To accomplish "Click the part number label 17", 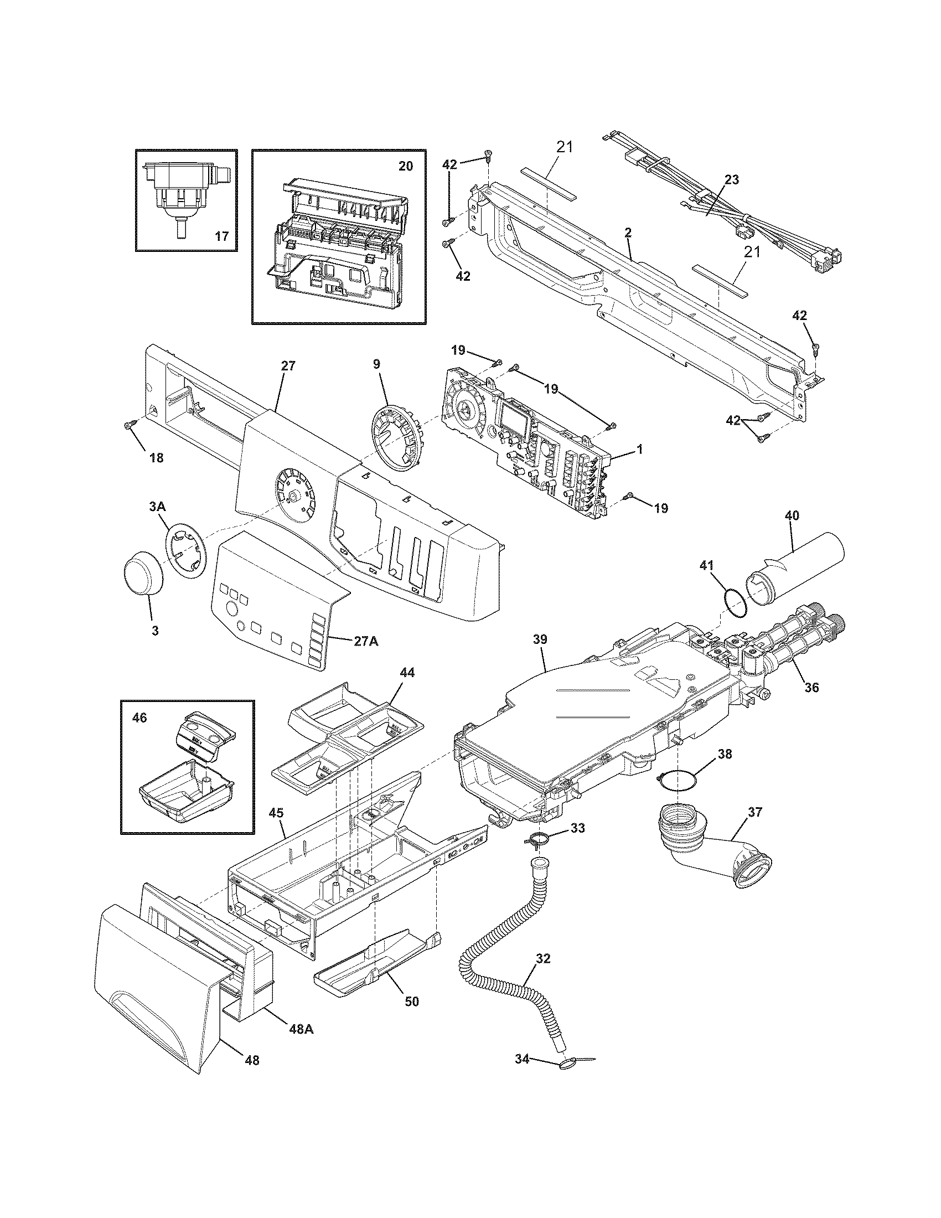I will pyautogui.click(x=221, y=236).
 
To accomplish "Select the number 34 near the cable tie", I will pyautogui.click(x=521, y=1074).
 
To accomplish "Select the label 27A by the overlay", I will pyautogui.click(x=365, y=641).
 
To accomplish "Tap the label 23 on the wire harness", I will pyautogui.click(x=731, y=179).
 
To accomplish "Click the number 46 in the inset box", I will pyautogui.click(x=139, y=717).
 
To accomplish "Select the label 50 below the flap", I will pyautogui.click(x=411, y=1001).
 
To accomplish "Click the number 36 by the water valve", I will pyautogui.click(x=811, y=688).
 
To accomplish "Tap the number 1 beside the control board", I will pyautogui.click(x=640, y=448).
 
